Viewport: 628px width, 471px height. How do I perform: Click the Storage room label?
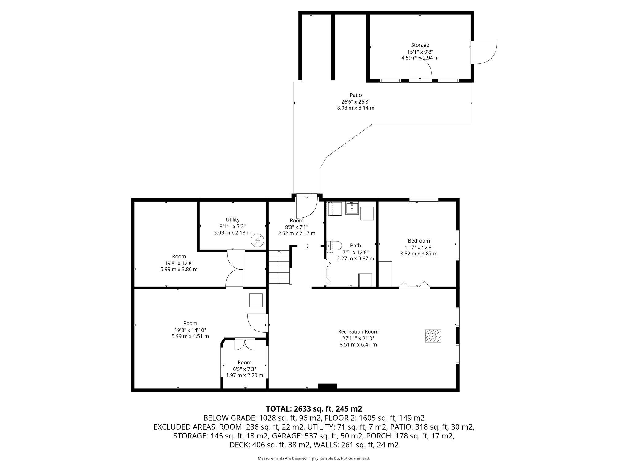420,45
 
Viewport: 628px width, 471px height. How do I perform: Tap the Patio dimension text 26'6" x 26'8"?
355,101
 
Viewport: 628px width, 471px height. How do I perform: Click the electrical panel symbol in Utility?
257,240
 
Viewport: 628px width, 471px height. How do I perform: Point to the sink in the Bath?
352,208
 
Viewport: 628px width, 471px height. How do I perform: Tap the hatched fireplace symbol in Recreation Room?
433,336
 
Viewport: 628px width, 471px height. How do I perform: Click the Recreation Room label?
358,331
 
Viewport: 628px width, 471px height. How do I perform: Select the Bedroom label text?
419,241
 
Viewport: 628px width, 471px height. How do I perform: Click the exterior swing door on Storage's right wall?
484,53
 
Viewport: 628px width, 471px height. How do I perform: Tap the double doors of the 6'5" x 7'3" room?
244,344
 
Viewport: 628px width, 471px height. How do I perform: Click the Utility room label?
232,220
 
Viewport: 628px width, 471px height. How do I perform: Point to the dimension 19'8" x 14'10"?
190,330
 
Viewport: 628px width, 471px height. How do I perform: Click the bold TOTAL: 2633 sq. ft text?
314,409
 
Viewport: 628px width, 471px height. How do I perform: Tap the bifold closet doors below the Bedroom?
414,285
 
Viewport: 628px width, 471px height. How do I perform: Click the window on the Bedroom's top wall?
424,200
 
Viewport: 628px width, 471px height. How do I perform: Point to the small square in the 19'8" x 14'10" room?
256,300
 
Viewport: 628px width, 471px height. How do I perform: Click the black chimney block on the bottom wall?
327,387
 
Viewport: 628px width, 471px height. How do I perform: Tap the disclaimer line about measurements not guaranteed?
314,458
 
